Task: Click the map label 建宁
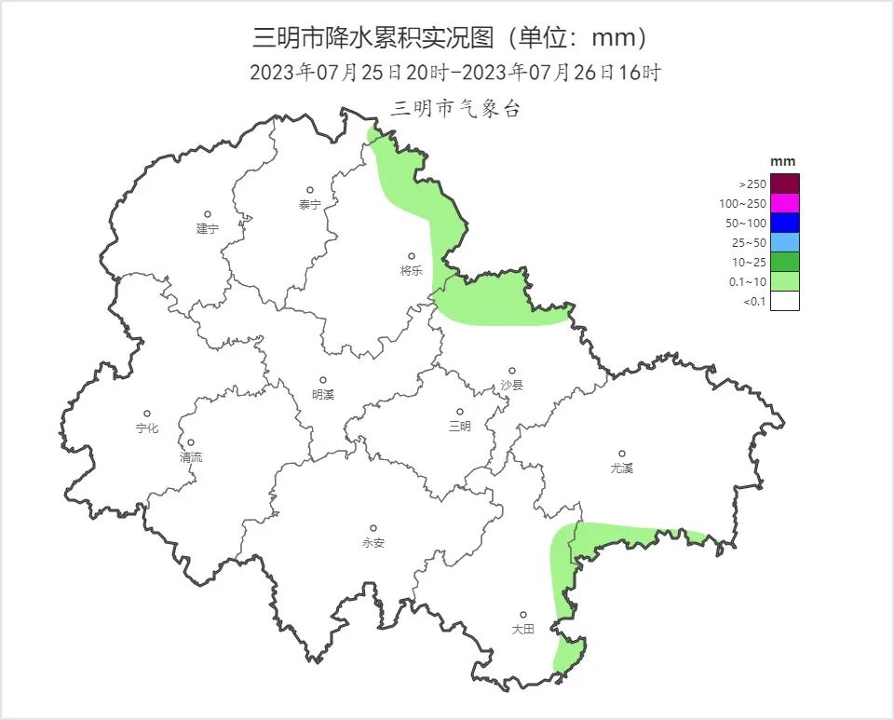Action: (207, 229)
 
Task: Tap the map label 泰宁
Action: (309, 205)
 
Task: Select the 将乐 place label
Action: (411, 271)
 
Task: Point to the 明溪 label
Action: (322, 395)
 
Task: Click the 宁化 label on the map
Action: (147, 428)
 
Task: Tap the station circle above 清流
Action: (191, 443)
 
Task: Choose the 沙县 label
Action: (511, 385)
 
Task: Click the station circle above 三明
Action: (459, 412)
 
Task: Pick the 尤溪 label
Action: (621, 469)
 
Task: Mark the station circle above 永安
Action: (373, 528)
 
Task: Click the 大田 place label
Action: (522, 630)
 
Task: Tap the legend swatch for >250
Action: (784, 183)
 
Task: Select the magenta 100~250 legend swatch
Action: (784, 203)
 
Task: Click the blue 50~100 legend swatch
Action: (784, 223)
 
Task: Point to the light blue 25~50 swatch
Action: (784, 242)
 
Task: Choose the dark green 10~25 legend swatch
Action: (784, 262)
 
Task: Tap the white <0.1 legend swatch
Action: (784, 301)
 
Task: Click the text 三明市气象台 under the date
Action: (455, 109)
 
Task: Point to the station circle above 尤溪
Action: (622, 454)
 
